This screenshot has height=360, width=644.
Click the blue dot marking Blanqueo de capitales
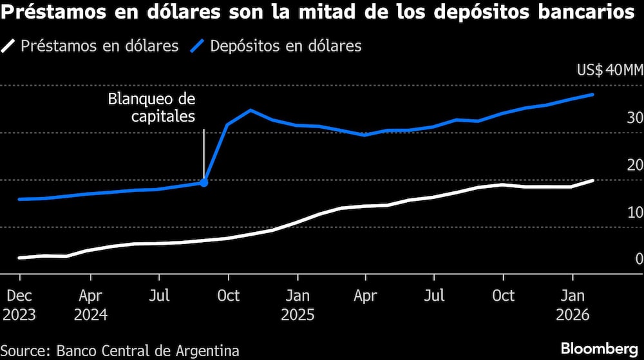[204, 183]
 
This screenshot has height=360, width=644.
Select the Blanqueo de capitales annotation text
[151, 108]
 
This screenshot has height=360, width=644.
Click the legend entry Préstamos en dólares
[91, 46]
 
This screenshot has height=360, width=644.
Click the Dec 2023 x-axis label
[19, 305]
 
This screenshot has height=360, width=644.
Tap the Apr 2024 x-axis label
[90, 305]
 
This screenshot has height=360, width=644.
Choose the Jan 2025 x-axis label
[297, 305]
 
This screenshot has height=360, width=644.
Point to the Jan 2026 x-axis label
[573, 305]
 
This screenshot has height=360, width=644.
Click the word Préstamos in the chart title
[50, 13]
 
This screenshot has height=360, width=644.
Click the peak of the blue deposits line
[592, 95]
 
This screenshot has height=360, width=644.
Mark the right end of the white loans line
[592, 181]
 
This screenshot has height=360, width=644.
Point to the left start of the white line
[19, 258]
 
